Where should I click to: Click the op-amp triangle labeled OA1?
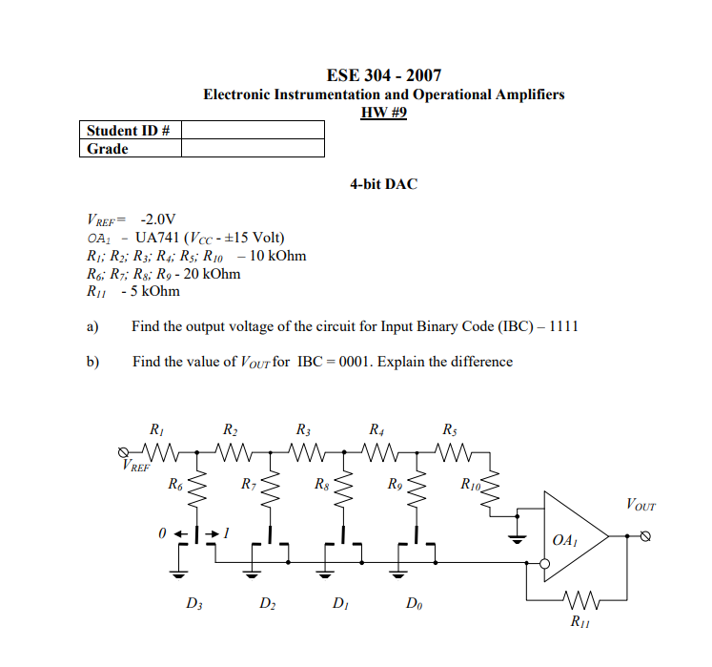pyautogui.click(x=572, y=536)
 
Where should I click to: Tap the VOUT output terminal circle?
pyautogui.click(x=646, y=536)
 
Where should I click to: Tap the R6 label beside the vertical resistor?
pyautogui.click(x=175, y=485)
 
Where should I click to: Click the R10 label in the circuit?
pyautogui.click(x=471, y=485)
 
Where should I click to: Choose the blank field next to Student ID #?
pyautogui.click(x=252, y=130)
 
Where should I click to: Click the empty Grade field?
pyautogui.click(x=252, y=149)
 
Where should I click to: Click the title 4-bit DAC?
pyautogui.click(x=383, y=183)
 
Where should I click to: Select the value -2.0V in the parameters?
pyautogui.click(x=158, y=220)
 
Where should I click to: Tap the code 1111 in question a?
pyautogui.click(x=562, y=327)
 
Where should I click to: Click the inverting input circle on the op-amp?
pyautogui.click(x=544, y=564)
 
